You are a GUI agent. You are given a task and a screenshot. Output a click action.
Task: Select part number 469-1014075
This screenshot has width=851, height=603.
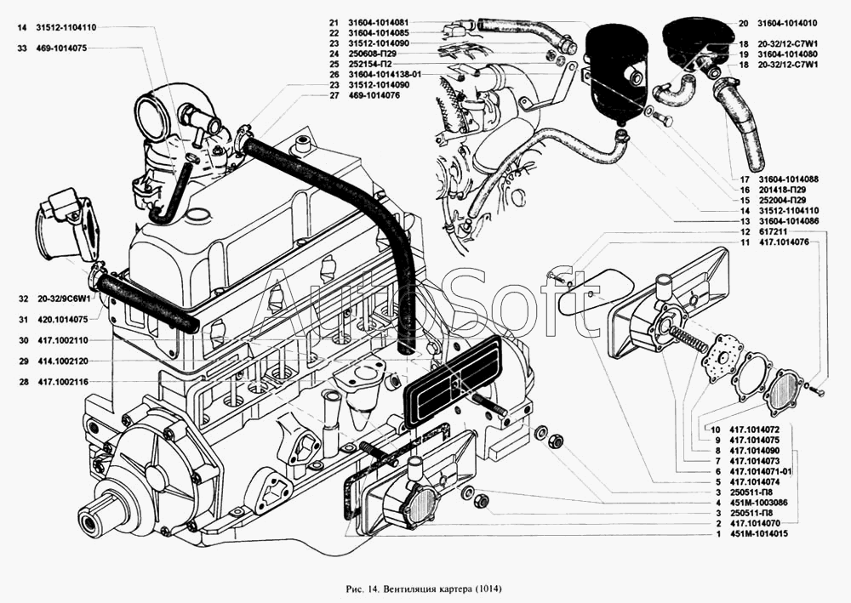(x=61, y=48)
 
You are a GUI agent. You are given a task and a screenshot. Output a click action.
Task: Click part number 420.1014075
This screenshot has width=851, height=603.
(x=62, y=320)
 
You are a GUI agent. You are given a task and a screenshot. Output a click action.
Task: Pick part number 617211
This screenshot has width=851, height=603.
(x=771, y=232)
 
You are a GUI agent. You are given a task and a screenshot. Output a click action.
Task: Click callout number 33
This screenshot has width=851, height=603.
(x=22, y=48)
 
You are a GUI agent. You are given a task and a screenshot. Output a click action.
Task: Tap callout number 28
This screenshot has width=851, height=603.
(x=24, y=382)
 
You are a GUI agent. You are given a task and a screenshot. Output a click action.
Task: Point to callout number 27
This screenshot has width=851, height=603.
(x=334, y=95)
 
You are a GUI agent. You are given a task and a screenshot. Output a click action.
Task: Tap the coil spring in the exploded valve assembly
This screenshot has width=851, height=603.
(x=687, y=338)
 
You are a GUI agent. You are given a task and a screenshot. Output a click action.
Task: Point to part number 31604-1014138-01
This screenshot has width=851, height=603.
(x=385, y=74)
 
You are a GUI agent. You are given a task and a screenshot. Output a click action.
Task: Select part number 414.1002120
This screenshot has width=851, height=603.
(x=62, y=361)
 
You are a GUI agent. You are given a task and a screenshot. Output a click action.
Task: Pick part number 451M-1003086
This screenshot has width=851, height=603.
(x=759, y=503)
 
